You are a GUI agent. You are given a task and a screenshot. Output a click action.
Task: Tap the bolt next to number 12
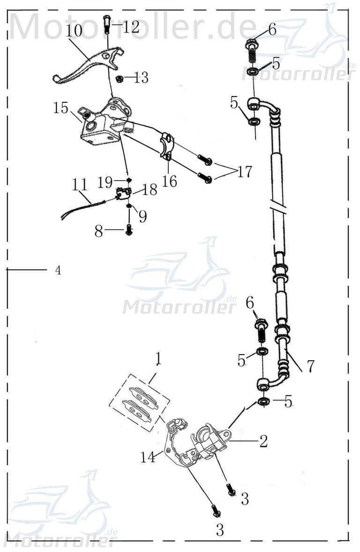pyautogui.click(x=106, y=23)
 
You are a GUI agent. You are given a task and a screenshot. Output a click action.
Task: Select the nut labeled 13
pyautogui.click(x=120, y=78)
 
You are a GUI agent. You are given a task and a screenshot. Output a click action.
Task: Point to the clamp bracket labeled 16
pyautogui.click(x=168, y=146)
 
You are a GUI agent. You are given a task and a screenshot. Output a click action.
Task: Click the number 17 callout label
pyautogui.click(x=244, y=172)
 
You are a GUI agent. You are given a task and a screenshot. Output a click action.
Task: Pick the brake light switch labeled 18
pyautogui.click(x=123, y=193)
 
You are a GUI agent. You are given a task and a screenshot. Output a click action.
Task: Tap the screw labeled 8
pyautogui.click(x=129, y=230)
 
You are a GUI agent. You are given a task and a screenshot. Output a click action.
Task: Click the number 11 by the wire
pyautogui.click(x=80, y=184)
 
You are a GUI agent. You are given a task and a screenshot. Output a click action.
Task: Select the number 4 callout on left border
pyautogui.click(x=58, y=271)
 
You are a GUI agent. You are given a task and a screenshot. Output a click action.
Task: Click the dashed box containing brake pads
pyautogui.click(x=139, y=402)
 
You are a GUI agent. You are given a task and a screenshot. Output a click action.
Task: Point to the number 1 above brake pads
pyautogui.click(x=158, y=359)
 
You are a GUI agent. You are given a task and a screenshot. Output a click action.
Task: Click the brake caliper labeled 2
pyautogui.click(x=210, y=441)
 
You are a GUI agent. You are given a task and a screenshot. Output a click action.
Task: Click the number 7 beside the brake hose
pyautogui.click(x=310, y=365)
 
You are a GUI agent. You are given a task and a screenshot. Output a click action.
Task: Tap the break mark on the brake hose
pyautogui.click(x=277, y=205)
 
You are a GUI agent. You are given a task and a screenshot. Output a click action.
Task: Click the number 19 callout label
pyautogui.click(x=105, y=182)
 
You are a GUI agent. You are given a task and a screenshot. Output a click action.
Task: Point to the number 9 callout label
pyautogui.click(x=142, y=216)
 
